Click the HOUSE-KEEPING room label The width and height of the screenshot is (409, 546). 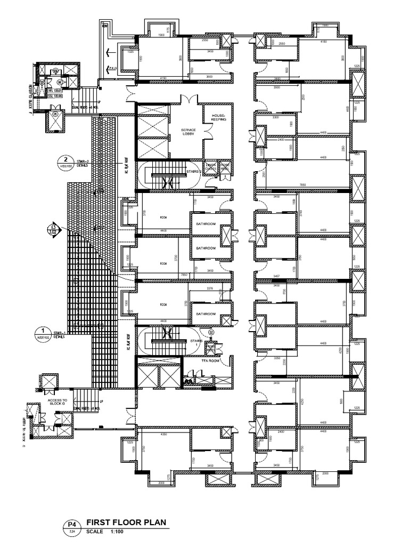pyautogui.click(x=218, y=117)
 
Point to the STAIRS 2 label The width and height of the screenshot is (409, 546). pyautogui.click(x=194, y=172)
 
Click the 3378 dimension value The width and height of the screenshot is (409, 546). pyautogui.click(x=209, y=288)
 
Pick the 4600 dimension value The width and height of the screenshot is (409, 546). pyautogui.click(x=347, y=109)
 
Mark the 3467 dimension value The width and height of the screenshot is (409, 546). pyautogui.click(x=276, y=276)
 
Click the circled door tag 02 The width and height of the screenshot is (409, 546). pyautogui.click(x=211, y=332)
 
